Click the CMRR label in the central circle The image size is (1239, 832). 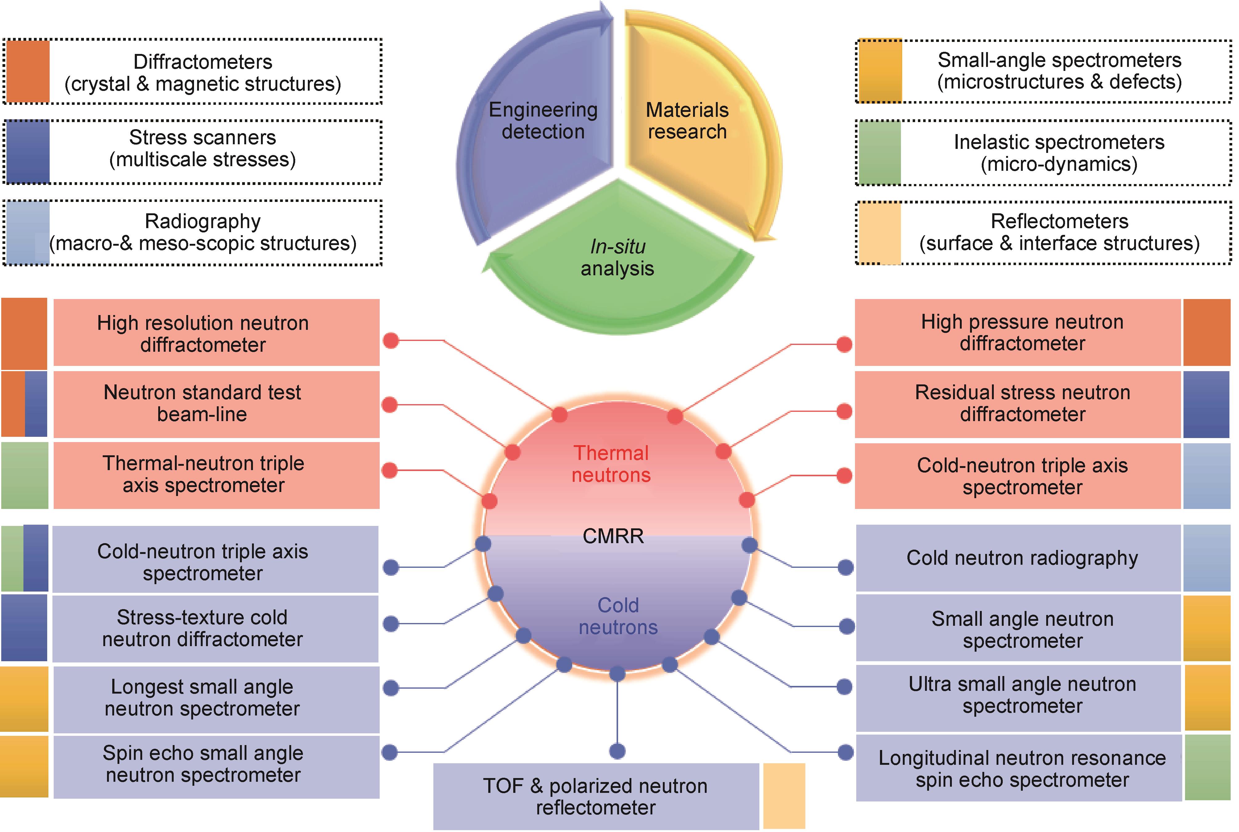point(613,536)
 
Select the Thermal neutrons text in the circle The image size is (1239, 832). point(611,464)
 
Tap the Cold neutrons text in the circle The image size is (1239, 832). point(618,616)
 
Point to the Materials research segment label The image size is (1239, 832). point(687,121)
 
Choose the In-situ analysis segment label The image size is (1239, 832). point(617,257)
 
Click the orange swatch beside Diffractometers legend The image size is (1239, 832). point(27,71)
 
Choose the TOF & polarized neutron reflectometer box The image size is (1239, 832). point(596,796)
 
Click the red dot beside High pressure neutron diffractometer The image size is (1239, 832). point(844,344)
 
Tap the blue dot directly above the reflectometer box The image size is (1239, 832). point(617,751)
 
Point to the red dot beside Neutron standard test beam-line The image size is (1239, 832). point(390,405)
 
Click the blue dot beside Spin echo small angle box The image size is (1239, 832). point(390,752)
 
